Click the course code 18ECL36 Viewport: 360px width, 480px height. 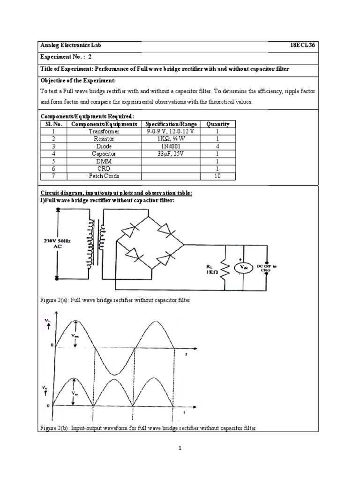pos(304,45)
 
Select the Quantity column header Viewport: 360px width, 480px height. pos(218,124)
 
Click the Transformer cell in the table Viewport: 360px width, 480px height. pos(104,131)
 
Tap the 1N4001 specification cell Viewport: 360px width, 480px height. pos(171,146)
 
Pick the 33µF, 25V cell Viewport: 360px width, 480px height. pos(171,154)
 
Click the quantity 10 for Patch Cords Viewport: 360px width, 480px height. pos(218,176)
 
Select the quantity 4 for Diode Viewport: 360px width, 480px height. pos(218,146)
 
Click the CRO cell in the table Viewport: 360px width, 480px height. pos(104,169)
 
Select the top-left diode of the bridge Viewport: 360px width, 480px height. pos(130,230)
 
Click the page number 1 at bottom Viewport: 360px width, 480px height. pos(180,448)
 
